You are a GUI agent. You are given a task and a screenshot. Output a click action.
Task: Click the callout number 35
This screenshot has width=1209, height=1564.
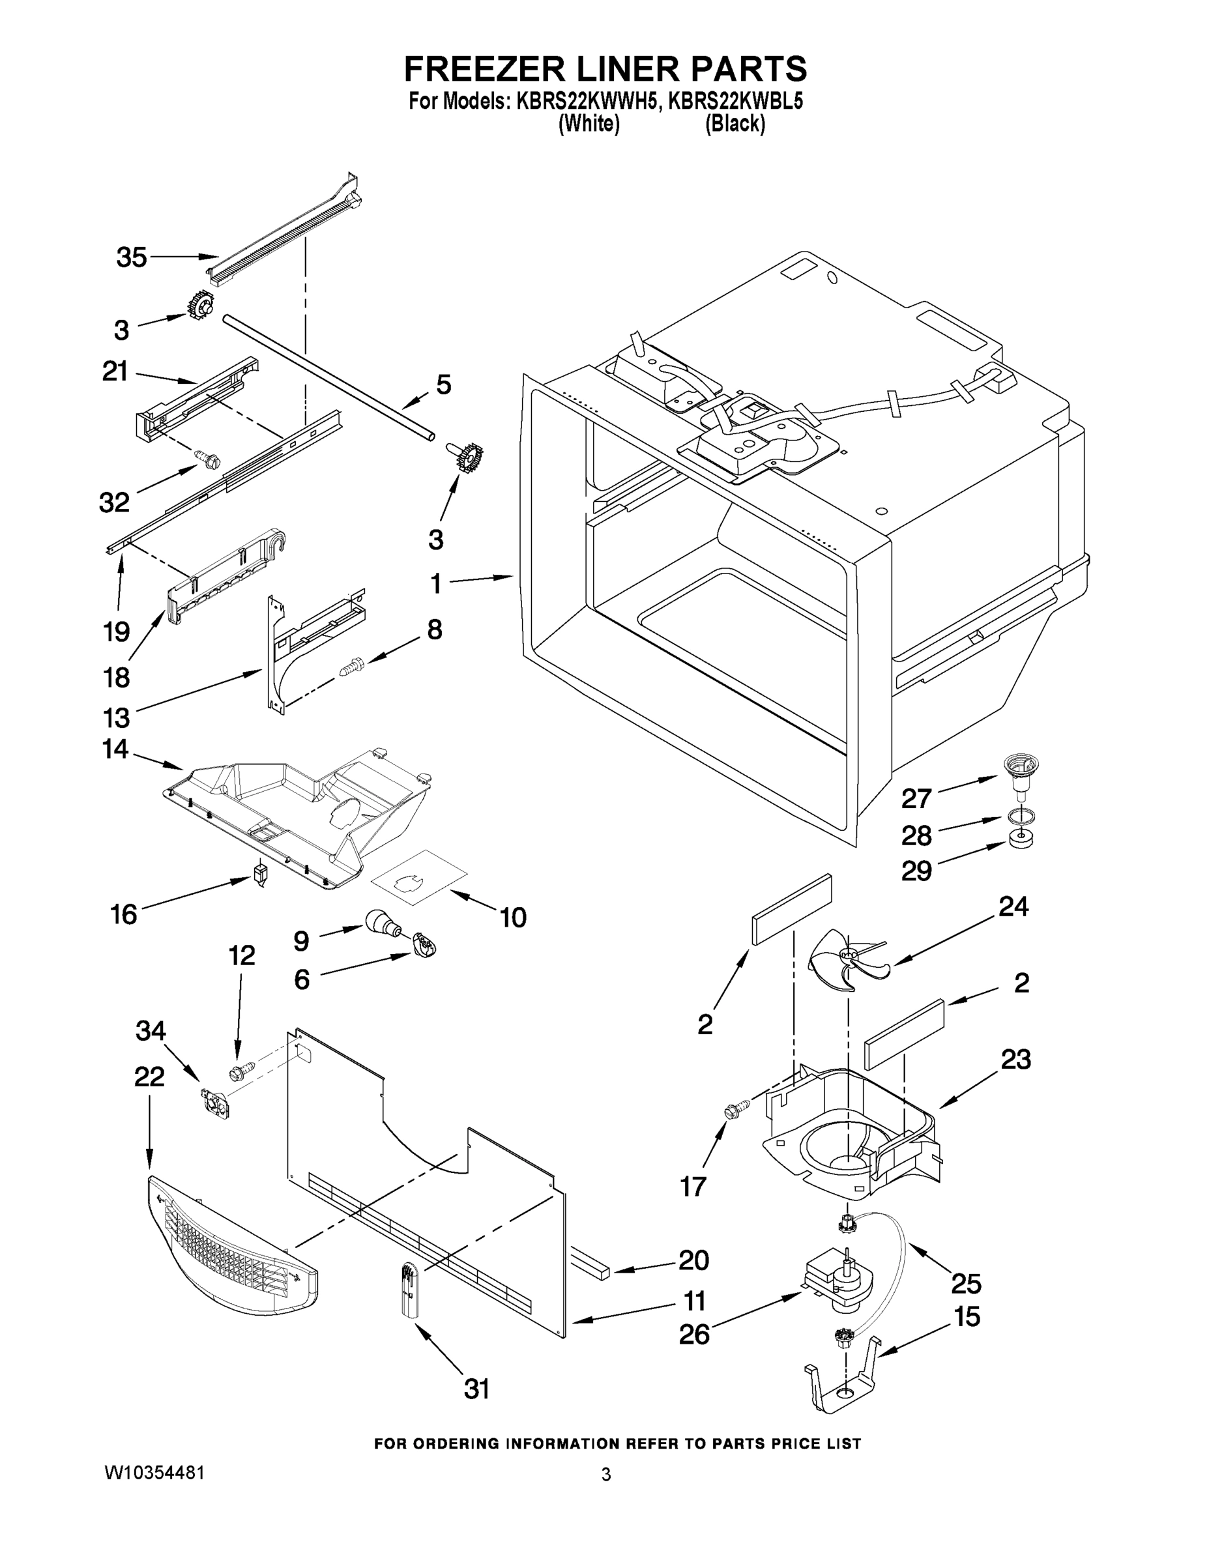tap(132, 257)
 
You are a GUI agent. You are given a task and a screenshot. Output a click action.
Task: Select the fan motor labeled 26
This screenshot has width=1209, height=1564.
tap(838, 1286)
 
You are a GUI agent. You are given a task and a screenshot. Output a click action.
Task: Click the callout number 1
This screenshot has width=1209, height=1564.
tap(435, 584)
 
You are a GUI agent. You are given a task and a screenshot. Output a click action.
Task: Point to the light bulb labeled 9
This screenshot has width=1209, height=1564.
tap(382, 921)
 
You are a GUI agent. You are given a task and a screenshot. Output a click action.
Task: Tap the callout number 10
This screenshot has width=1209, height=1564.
tap(513, 918)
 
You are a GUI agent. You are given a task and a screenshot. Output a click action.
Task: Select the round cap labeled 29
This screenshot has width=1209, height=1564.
tap(1020, 839)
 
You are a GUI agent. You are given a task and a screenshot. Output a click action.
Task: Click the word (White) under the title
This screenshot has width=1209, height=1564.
tap(588, 124)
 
